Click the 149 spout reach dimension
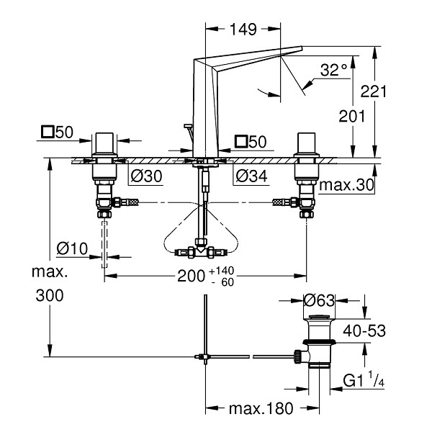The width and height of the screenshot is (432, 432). coord(243,30)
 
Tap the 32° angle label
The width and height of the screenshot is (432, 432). coord(333,70)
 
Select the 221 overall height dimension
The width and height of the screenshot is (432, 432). coord(374,91)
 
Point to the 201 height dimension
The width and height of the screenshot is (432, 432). coord(351,116)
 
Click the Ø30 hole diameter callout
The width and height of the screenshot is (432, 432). coord(146,176)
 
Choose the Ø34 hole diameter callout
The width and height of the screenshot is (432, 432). coord(251,176)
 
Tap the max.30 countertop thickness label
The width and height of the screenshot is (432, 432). coord(346,185)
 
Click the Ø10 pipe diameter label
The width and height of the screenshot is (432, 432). coord(72,248)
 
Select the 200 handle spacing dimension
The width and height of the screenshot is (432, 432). coord(191,276)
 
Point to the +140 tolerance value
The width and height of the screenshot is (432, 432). coord(222,271)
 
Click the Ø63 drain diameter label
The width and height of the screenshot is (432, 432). coord(319,300)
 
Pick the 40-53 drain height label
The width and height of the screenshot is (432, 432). coord(364,330)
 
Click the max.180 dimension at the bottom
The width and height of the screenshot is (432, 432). coord(261,408)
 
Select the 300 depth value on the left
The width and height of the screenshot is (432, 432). coord(50,296)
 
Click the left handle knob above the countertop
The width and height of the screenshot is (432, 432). coord(104,143)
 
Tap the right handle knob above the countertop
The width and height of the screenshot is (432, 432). coord(307,143)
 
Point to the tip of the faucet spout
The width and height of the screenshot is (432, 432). coord(302,48)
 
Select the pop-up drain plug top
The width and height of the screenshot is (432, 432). coord(319,317)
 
